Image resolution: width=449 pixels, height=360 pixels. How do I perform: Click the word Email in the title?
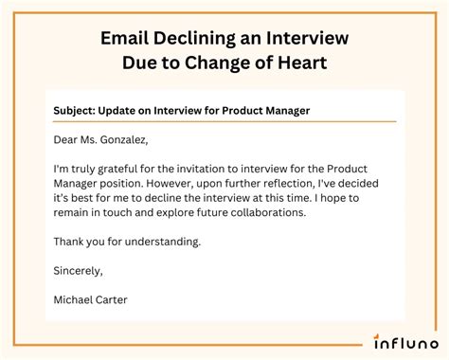125,38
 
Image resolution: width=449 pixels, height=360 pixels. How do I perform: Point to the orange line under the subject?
224,122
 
